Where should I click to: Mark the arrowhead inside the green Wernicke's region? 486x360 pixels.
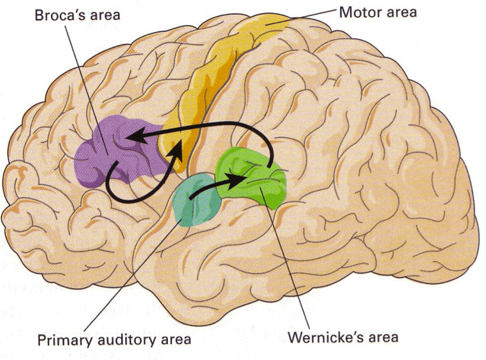[240, 178]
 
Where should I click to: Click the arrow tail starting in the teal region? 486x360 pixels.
[193, 198]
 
